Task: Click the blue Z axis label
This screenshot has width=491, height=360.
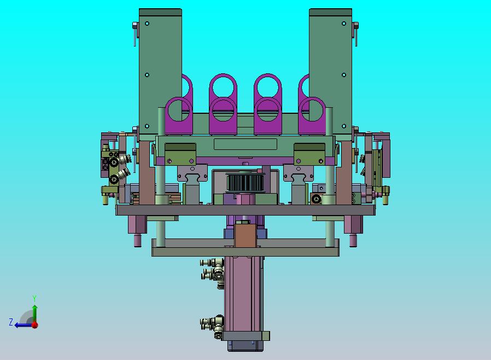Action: click(11, 322)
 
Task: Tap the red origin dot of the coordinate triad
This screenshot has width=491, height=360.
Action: click(35, 325)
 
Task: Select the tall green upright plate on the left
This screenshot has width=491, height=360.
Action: click(160, 72)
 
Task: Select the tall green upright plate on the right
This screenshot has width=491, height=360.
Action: click(330, 72)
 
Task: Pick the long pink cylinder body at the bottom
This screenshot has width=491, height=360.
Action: click(244, 294)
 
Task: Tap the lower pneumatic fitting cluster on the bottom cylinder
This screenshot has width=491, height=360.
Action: click(212, 326)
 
